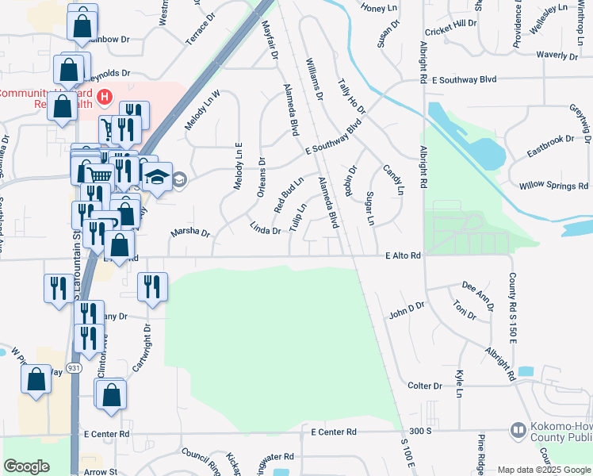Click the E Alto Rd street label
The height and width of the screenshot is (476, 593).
[402, 256]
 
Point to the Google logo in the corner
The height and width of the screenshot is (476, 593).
[25, 466]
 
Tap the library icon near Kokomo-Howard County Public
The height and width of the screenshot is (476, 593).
[518, 429]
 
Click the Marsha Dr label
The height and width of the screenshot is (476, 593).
[189, 233]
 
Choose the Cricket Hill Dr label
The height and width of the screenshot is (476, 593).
[451, 31]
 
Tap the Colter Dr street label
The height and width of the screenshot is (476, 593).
[424, 386]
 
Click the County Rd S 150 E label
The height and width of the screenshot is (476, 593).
[513, 305]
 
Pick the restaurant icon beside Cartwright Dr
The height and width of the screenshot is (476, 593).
[151, 286]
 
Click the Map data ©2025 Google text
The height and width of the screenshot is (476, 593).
[544, 470]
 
